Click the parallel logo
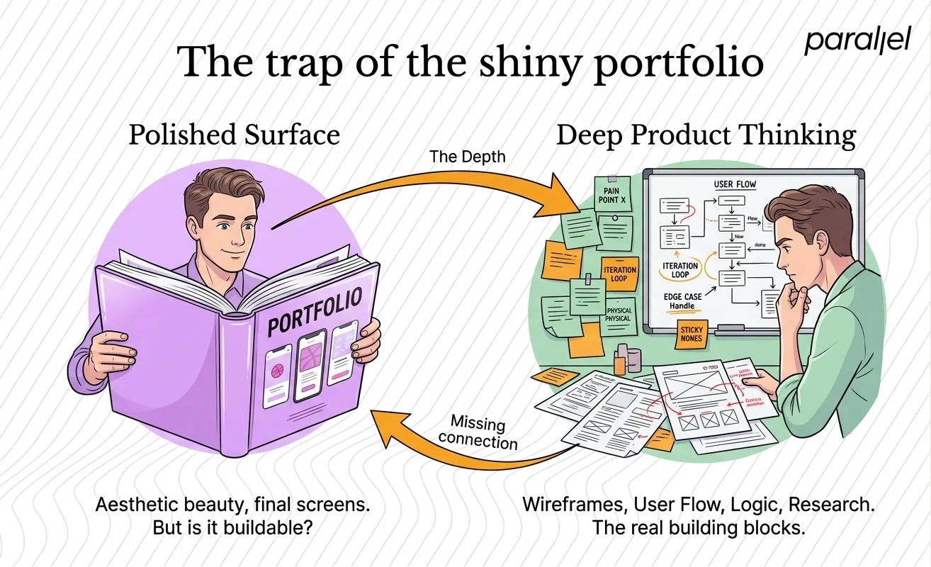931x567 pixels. point(857,40)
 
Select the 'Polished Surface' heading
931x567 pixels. point(234,135)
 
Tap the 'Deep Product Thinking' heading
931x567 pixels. point(706,135)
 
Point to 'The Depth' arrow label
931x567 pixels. point(468,157)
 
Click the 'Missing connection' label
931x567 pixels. point(480,433)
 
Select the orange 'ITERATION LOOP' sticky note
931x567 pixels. point(619,274)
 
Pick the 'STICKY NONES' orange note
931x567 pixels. point(691,334)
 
